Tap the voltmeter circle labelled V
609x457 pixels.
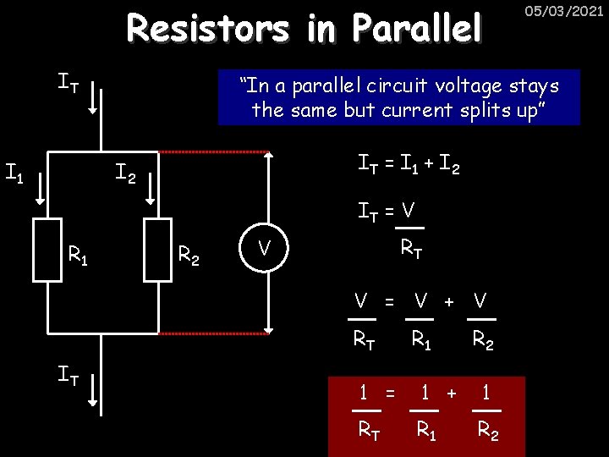pos(264,248)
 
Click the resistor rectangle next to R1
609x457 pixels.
pos(47,249)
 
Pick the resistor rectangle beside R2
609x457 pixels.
pos(157,249)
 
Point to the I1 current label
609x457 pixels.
pos(14,175)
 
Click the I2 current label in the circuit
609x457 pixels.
pos(125,175)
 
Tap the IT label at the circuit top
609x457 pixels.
pos(69,83)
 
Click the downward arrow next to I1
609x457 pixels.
pos(39,190)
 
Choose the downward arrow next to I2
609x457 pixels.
pos(149,190)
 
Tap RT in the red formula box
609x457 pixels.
pos(369,431)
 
